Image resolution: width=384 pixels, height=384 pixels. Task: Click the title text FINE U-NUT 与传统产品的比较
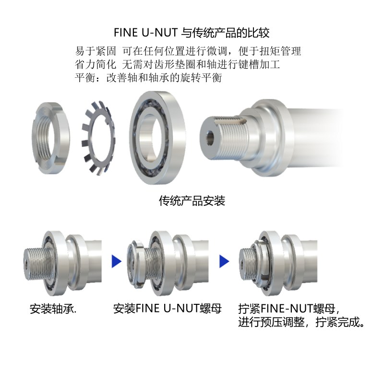(192, 33)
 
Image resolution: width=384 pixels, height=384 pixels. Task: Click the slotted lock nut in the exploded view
(51, 138)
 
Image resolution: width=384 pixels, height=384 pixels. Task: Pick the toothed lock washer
(98, 138)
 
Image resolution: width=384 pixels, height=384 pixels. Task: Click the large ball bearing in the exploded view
(157, 138)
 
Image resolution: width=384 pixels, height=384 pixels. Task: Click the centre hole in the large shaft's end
(210, 137)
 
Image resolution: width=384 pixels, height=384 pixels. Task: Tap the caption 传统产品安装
(192, 201)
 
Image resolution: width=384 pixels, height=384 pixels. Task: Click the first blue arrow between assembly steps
(116, 261)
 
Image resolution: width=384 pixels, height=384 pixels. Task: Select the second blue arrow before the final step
(224, 261)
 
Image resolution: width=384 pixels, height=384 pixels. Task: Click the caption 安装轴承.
(53, 309)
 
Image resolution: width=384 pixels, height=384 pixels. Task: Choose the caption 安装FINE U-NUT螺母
(167, 309)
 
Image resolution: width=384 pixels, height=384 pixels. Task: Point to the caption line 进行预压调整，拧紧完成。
(301, 322)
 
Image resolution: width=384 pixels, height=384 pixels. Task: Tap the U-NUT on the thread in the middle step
(135, 263)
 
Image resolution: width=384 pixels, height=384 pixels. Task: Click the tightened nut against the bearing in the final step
(261, 263)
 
